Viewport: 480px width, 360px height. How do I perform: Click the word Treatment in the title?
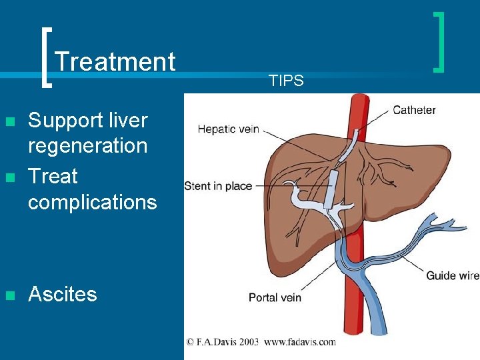(115, 62)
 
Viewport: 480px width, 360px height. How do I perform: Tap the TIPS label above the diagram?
(286, 81)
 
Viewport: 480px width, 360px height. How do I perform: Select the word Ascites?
(63, 294)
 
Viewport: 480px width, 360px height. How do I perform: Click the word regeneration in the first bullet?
(87, 145)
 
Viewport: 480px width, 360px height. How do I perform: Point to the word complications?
(92, 201)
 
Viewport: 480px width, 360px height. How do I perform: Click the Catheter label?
(414, 110)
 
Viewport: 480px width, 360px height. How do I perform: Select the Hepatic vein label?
(228, 129)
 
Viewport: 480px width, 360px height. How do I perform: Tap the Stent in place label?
(218, 185)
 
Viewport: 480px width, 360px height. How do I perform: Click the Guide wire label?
(453, 275)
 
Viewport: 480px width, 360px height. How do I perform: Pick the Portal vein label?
(275, 297)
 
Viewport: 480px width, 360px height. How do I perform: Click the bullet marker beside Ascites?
(9, 295)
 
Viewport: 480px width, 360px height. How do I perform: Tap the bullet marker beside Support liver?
(9, 121)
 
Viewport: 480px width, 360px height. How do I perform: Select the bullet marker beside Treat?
(9, 177)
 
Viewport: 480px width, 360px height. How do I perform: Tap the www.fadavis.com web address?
(300, 342)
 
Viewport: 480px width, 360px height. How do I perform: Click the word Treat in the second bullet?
(53, 177)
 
